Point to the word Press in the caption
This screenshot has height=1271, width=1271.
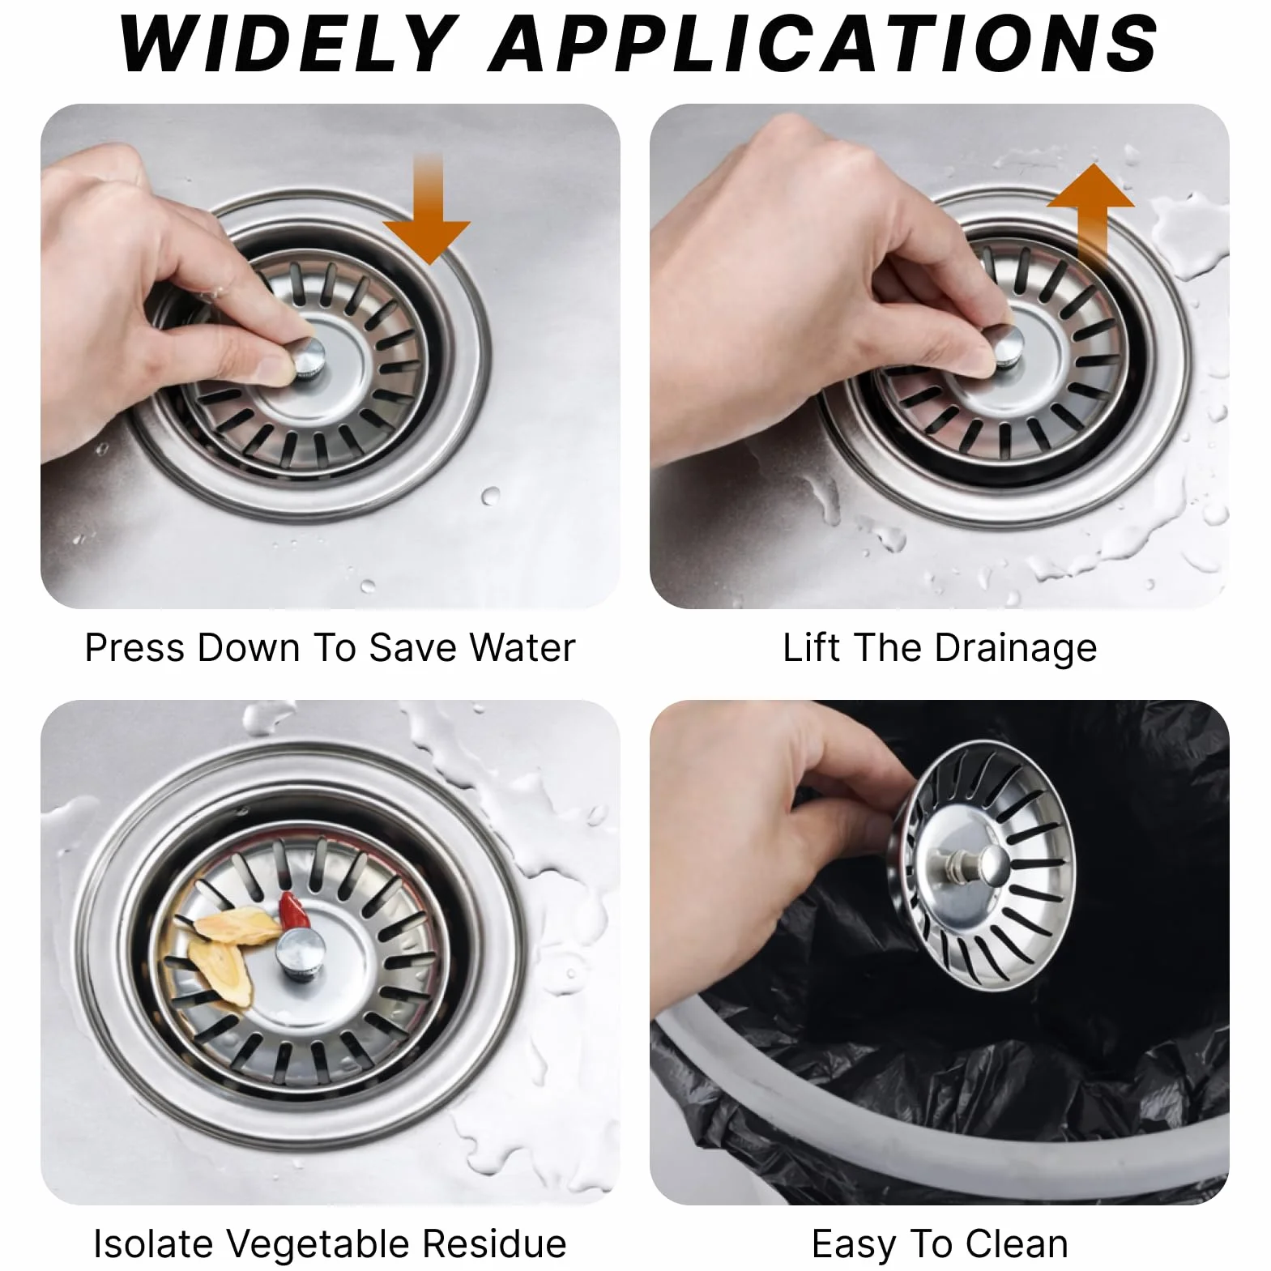[135, 648]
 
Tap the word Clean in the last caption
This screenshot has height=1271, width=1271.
[1017, 1244]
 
